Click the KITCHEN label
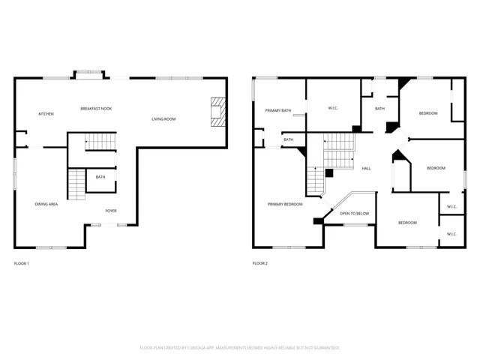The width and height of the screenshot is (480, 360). [x=46, y=114]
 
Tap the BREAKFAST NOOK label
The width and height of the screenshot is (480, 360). [x=95, y=109]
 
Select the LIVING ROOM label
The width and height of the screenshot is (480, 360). [x=163, y=118]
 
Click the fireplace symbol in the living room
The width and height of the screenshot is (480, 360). [x=217, y=112]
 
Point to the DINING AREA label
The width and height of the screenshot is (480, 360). [x=46, y=204]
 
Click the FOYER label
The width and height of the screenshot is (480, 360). [x=110, y=211]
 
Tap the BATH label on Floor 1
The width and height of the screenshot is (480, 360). [x=100, y=177]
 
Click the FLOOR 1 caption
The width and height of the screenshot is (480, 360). [x=22, y=263]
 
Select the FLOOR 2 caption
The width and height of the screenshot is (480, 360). [x=260, y=263]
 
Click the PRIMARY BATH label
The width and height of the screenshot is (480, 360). [x=277, y=111]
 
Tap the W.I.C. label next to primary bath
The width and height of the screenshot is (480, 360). [x=333, y=109]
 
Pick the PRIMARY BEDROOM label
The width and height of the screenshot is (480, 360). [x=286, y=204]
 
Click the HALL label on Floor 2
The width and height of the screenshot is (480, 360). [x=366, y=168]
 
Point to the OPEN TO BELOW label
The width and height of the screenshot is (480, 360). [x=354, y=214]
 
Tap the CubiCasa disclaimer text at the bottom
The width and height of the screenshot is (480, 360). [x=240, y=348]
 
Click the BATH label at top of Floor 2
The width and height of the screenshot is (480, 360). [x=379, y=109]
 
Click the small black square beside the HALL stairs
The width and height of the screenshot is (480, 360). [x=329, y=173]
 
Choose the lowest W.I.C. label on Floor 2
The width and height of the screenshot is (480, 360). [x=451, y=234]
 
